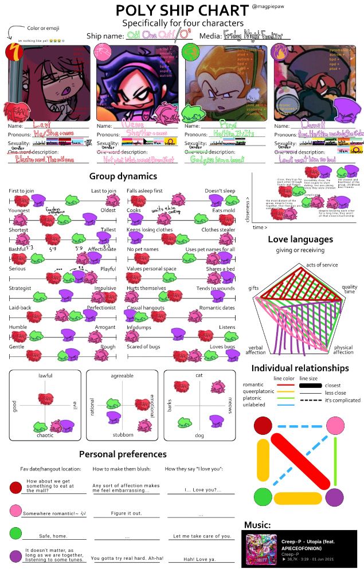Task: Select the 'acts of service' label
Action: click(322, 264)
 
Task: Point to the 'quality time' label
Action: click(350, 290)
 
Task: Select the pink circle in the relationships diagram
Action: click(335, 426)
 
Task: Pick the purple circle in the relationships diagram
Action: click(335, 496)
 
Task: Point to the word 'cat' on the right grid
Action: click(199, 375)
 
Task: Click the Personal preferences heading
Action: click(123, 454)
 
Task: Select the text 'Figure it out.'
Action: click(126, 513)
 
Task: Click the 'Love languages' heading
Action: click(300, 239)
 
